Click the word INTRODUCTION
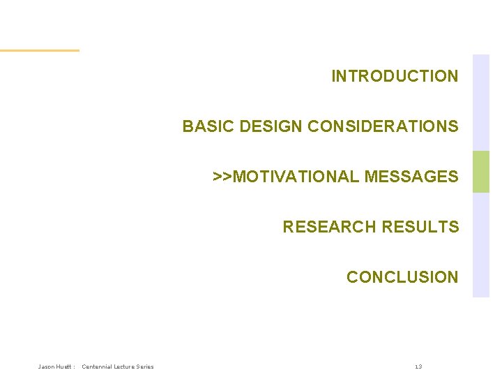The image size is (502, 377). click(395, 76)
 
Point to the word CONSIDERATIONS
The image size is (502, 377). click(383, 126)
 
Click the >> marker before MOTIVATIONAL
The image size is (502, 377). click(222, 177)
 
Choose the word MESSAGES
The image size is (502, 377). click(411, 177)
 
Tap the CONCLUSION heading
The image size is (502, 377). click(402, 277)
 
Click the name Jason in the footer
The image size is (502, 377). click(47, 367)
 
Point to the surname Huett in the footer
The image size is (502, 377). click(64, 367)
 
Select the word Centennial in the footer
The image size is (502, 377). click(98, 367)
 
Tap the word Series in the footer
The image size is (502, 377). click(146, 367)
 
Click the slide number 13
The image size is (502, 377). click(418, 367)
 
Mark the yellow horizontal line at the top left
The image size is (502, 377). click(39, 50)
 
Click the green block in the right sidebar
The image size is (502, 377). click(481, 172)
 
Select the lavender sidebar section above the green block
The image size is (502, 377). click(481, 103)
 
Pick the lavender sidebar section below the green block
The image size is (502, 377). click(481, 244)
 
